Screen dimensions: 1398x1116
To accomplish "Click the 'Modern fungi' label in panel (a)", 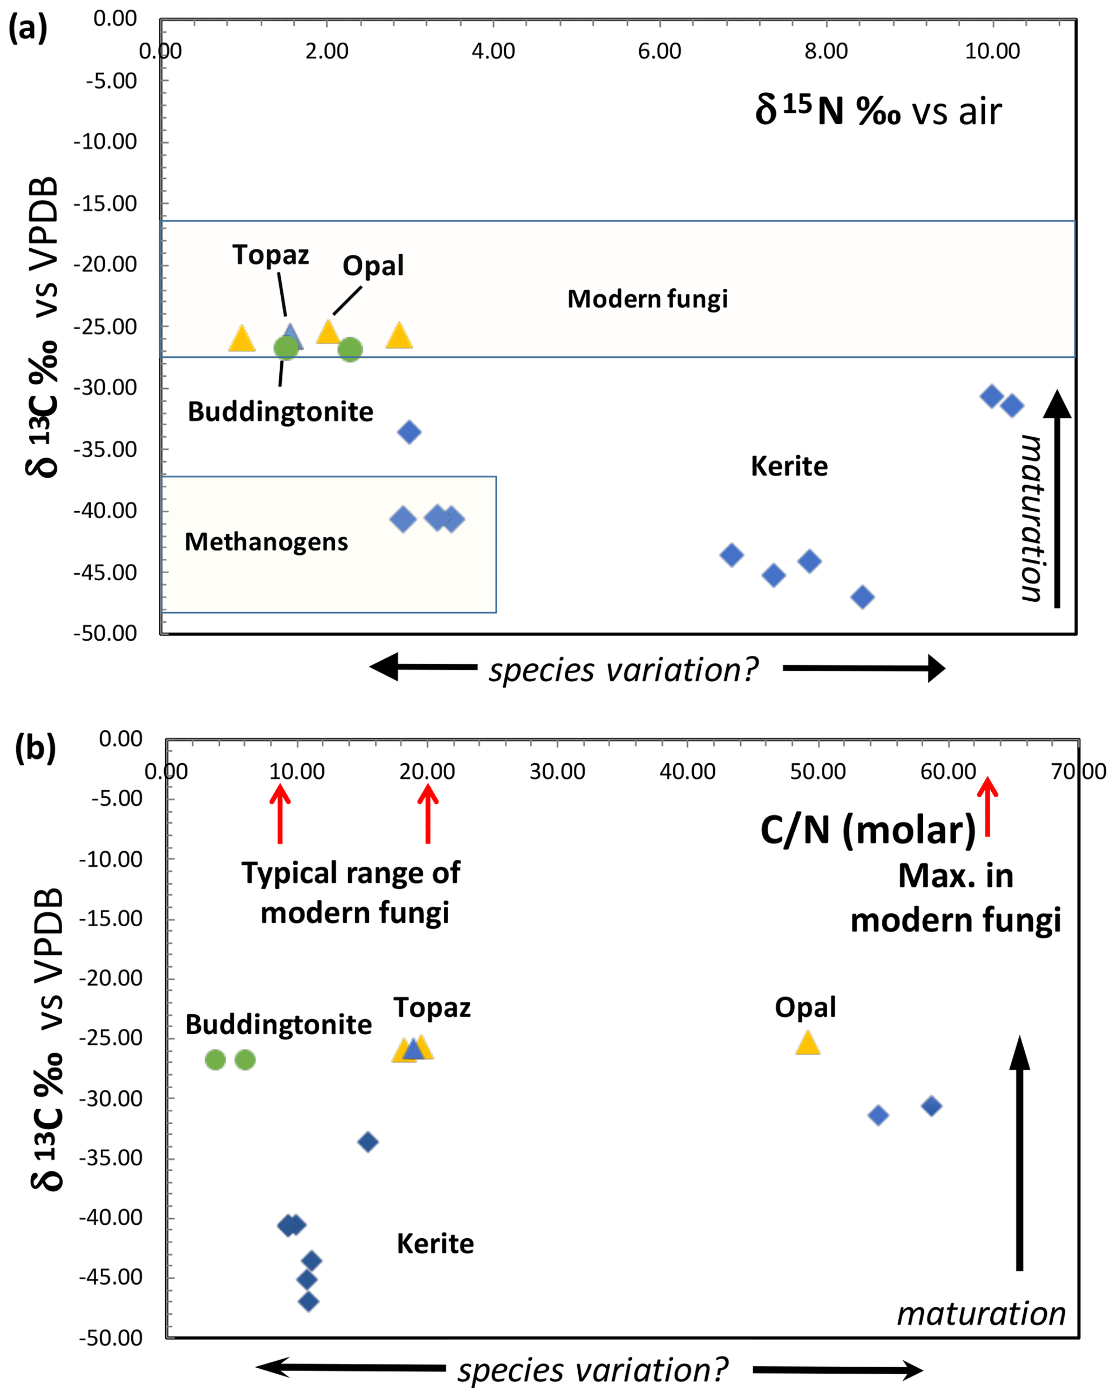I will tap(647, 300).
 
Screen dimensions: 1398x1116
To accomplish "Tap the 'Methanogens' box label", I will tap(266, 542).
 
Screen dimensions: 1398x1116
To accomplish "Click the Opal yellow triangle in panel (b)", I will tap(807, 1043).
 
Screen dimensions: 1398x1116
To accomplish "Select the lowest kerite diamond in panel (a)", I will tap(862, 597).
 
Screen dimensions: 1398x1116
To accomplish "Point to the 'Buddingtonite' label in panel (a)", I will tap(280, 412).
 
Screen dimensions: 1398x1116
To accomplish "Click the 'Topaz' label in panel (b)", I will tap(432, 1008).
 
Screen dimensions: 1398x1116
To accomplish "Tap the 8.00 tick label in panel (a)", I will tap(826, 51).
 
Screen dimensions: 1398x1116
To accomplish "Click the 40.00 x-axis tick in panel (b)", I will tap(687, 772).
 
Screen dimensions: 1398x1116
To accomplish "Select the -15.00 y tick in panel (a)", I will tap(105, 204).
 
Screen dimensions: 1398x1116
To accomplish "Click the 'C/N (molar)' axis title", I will tap(868, 831).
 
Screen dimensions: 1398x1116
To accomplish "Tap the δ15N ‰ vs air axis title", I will tap(878, 111).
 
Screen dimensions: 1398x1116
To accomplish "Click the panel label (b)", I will tap(35, 748).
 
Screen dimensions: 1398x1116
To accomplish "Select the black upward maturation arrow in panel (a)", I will tap(1057, 499).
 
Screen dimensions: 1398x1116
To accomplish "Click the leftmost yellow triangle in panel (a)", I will tap(242, 339).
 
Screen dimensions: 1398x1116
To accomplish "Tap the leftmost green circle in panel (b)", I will tap(215, 1060).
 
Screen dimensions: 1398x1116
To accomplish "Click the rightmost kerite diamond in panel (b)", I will tap(931, 1106).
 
